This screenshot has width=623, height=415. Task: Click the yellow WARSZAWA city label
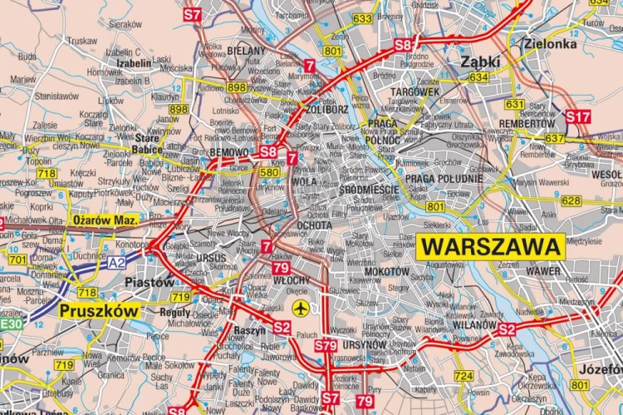click(x=492, y=246)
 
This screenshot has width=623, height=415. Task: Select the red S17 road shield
click(x=577, y=117)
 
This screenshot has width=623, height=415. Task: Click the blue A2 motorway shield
click(x=116, y=262)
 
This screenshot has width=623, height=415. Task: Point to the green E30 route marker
click(x=12, y=323)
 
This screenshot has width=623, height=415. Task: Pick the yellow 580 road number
click(x=268, y=173)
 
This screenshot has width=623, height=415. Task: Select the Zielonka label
click(x=549, y=43)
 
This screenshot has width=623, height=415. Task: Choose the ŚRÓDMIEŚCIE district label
click(x=370, y=190)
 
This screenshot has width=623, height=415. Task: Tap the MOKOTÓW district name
click(x=385, y=271)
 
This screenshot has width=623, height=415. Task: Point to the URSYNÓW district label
click(x=365, y=343)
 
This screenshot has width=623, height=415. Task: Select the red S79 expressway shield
click(x=325, y=344)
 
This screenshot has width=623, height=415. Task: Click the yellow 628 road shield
click(x=571, y=200)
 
